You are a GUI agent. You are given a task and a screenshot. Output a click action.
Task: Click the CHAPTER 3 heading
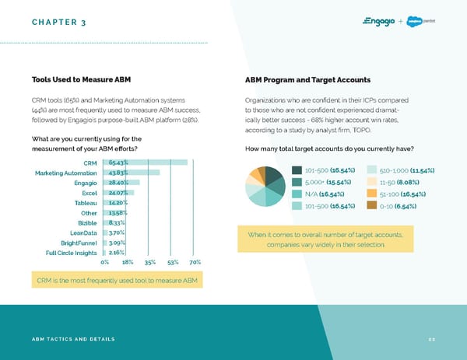point(59,21)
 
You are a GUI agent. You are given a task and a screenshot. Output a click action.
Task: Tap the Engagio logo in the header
point(379,21)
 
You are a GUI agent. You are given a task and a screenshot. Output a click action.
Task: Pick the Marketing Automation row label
point(65,173)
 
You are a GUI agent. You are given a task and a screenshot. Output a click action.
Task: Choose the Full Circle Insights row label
point(72,253)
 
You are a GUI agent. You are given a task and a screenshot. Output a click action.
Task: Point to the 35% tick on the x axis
point(151,263)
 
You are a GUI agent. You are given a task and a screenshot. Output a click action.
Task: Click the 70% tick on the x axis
point(195,263)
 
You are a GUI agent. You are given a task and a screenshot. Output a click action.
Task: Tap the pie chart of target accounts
point(265,187)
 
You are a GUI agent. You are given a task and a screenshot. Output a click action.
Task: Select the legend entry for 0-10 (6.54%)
point(398,206)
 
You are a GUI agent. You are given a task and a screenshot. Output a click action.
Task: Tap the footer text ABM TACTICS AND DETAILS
point(73,340)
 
